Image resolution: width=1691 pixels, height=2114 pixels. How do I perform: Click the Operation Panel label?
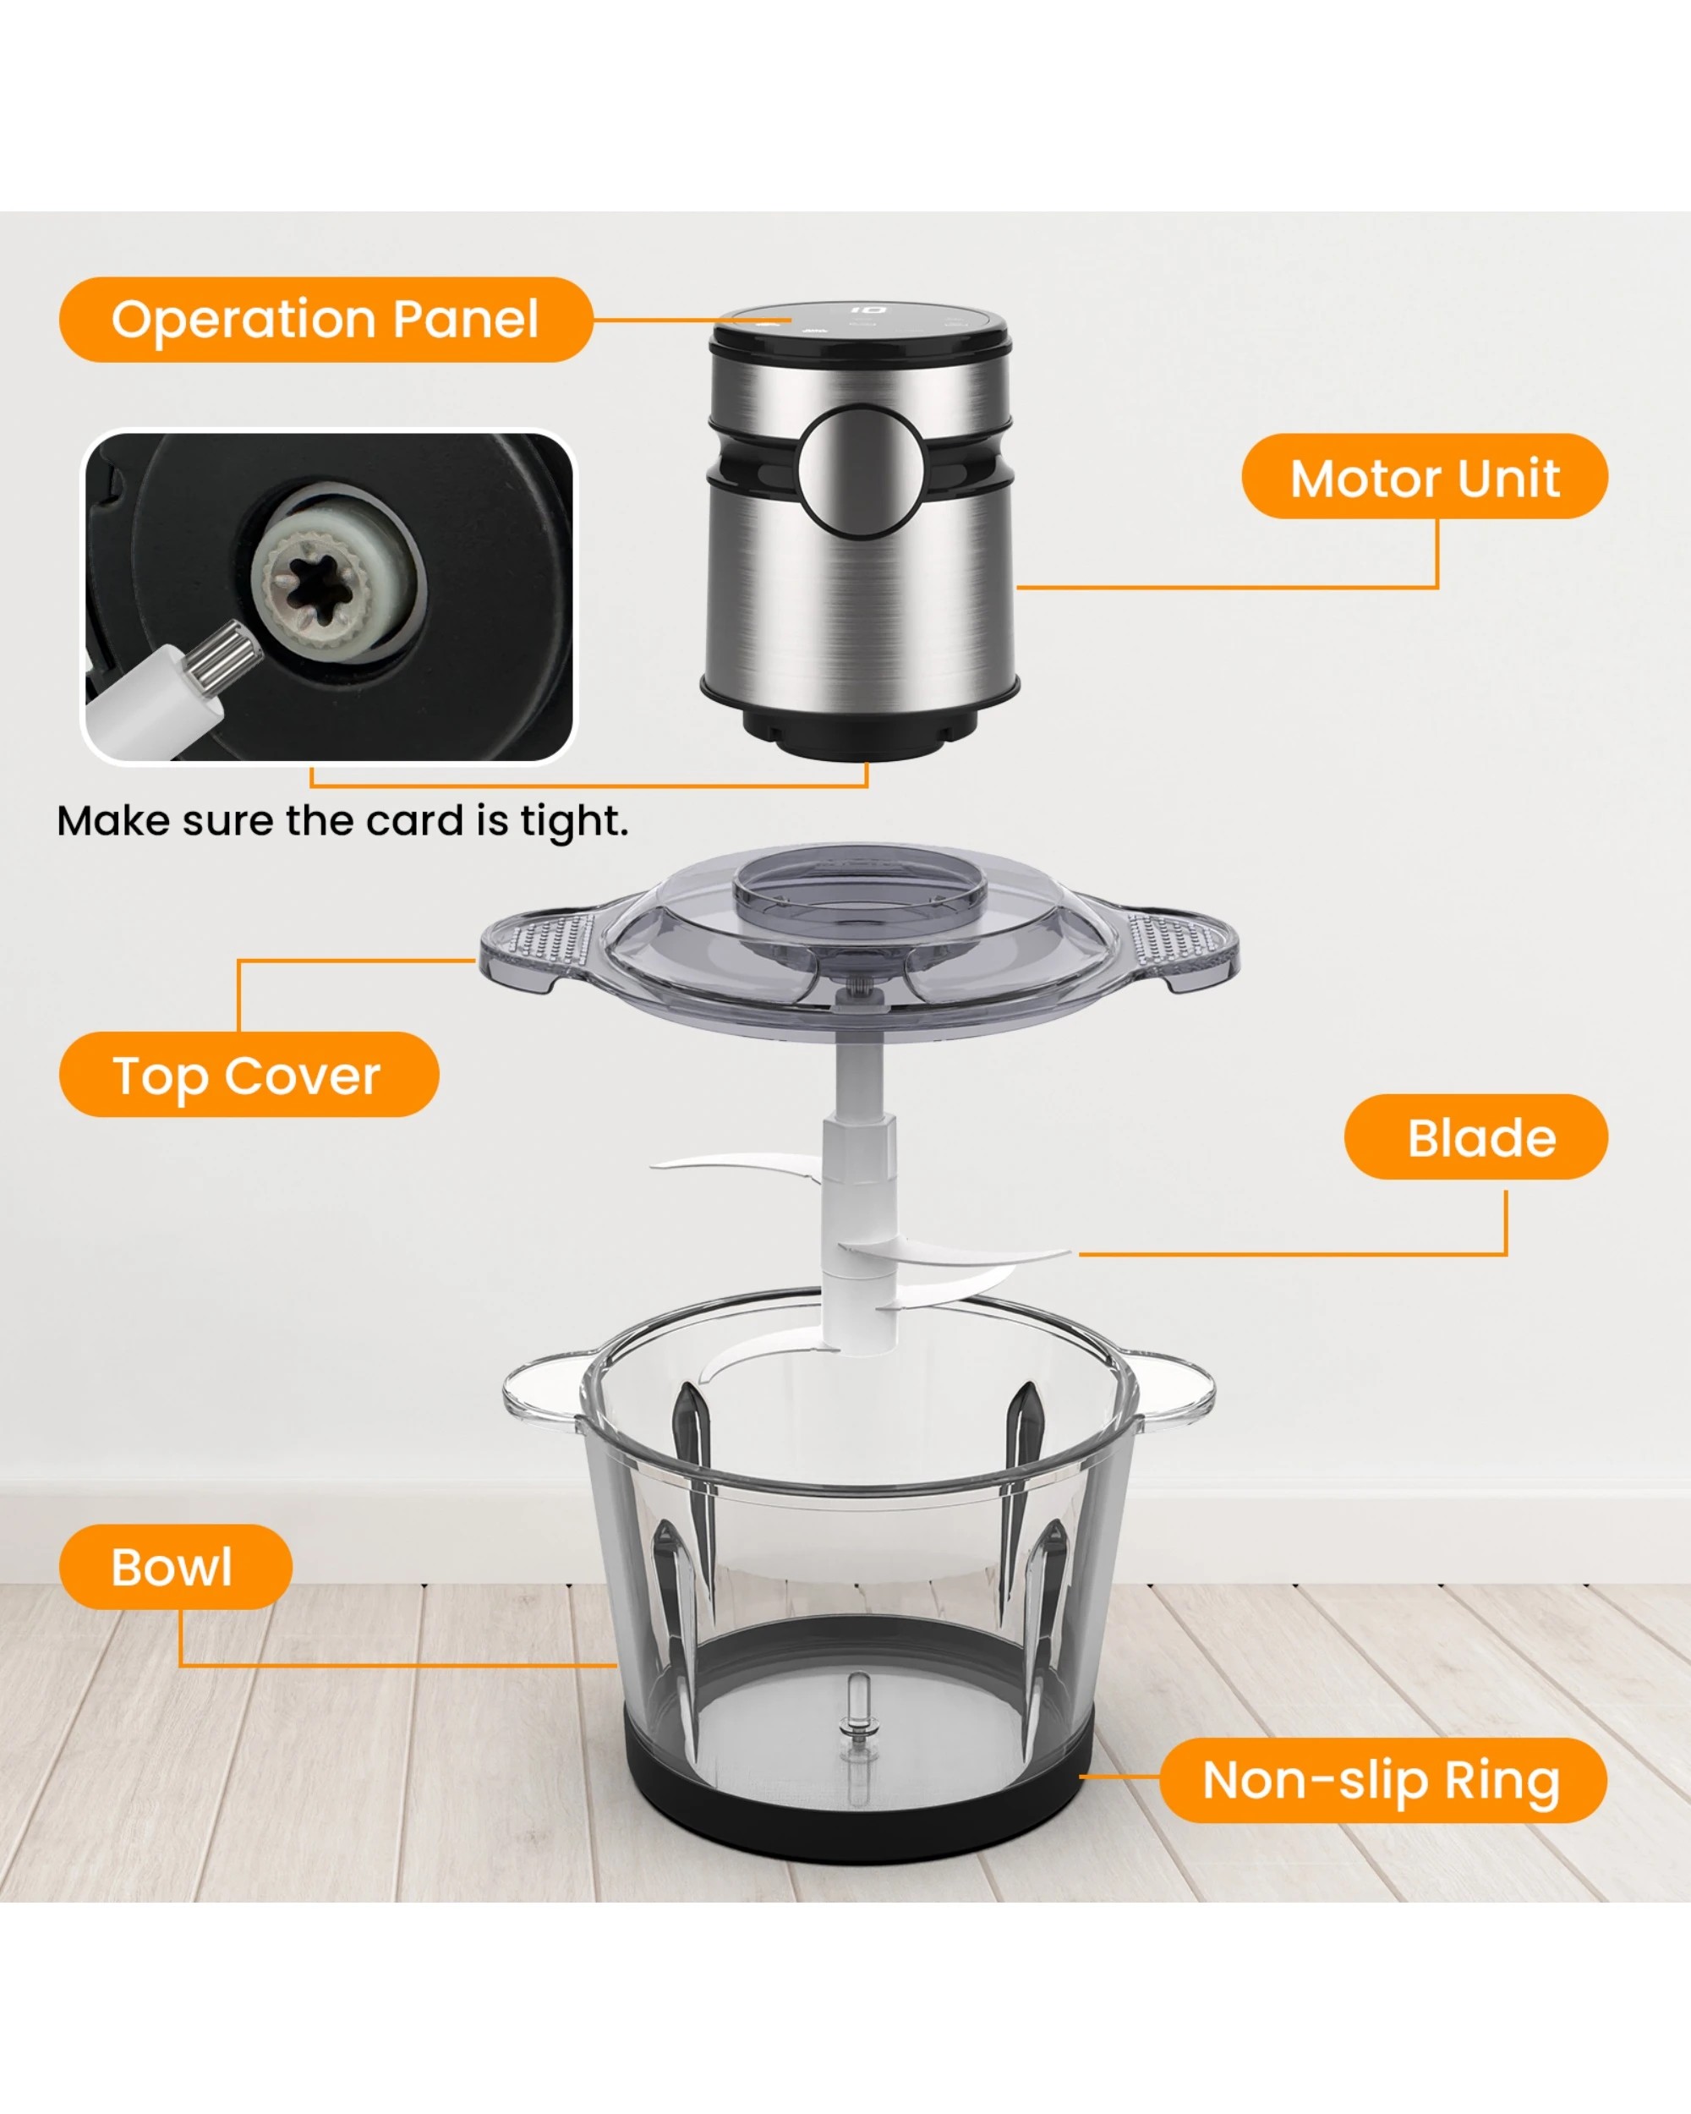coord(326,320)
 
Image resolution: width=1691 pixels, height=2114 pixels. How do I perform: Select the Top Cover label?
coord(248,1075)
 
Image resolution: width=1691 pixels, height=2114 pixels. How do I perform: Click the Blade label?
coord(1480,1137)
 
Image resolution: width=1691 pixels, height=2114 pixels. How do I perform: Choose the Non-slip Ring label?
coord(1380,1780)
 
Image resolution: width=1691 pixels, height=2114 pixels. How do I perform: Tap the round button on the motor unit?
coord(860,472)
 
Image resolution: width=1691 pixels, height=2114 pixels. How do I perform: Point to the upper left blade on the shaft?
coord(736,1165)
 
